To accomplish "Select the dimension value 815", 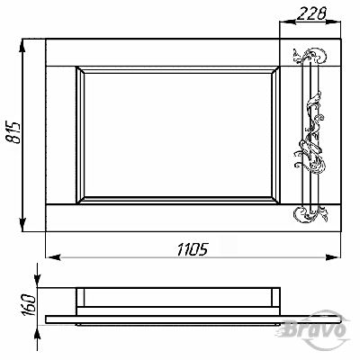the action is [13, 132].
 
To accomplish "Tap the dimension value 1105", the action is [193, 249].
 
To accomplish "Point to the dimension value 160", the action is [29, 305].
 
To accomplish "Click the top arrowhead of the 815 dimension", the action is [22, 46].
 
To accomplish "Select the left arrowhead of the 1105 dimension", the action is [53, 257].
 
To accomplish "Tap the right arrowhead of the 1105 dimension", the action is [333, 257].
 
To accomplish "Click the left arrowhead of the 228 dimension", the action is [287, 22].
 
